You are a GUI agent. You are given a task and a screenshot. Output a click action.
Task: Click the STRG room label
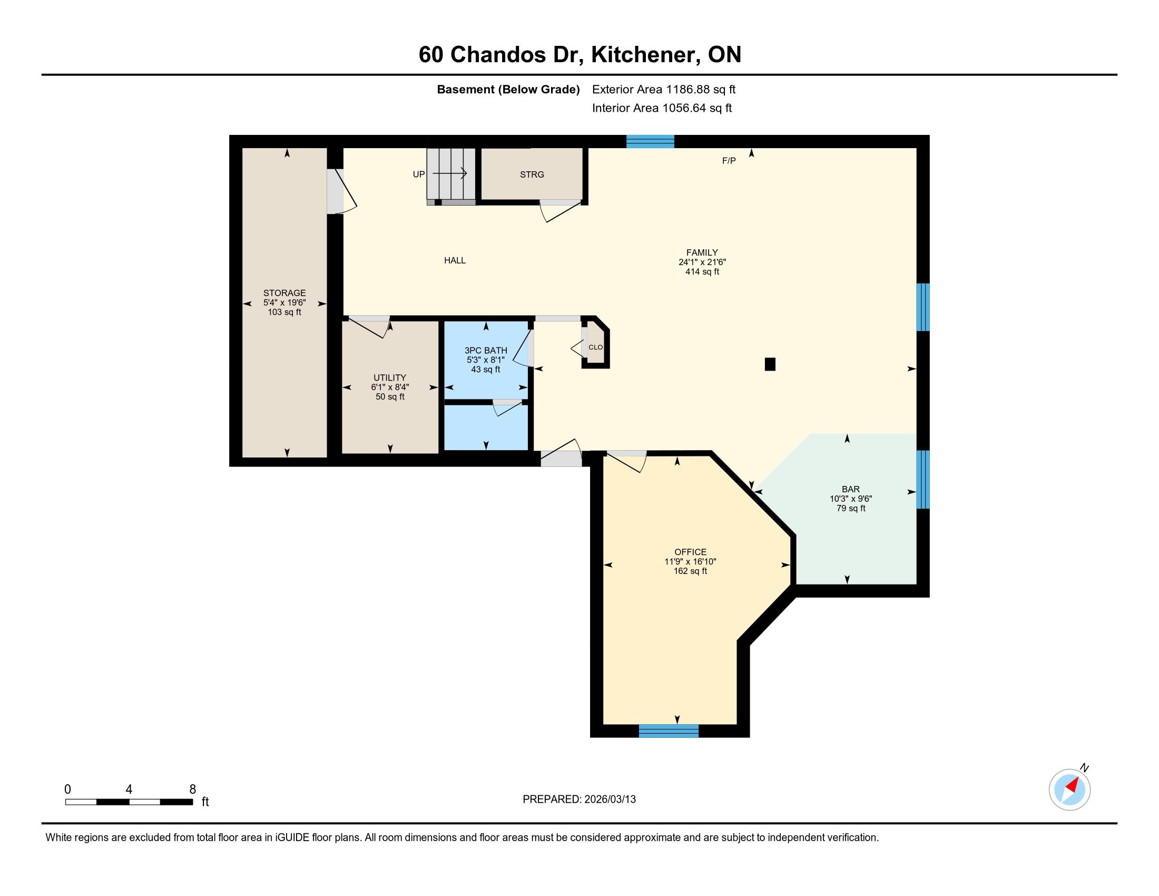[x=532, y=174]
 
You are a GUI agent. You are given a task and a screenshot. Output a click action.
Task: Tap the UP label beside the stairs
[x=419, y=174]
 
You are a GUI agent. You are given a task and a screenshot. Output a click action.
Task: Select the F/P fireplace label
[x=729, y=161]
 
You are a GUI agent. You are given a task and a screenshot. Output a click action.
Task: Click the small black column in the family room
[x=770, y=364]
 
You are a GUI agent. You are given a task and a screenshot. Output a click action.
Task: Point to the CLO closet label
[x=595, y=347]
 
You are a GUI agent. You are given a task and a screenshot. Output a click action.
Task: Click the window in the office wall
[x=669, y=731]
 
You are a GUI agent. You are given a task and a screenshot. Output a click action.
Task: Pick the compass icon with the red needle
[x=1070, y=789]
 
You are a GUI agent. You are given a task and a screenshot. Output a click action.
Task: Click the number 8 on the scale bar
[x=193, y=790]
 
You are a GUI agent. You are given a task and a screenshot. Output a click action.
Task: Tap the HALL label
[x=455, y=260]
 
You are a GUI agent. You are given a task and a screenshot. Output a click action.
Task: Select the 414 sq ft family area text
[x=702, y=272]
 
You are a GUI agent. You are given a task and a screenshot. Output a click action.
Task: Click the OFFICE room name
[x=691, y=552]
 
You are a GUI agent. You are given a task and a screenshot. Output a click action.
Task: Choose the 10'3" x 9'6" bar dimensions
[x=851, y=499]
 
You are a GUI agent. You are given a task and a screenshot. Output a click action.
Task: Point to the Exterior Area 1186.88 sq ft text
[x=664, y=90]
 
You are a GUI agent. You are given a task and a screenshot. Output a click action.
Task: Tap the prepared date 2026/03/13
[x=610, y=800]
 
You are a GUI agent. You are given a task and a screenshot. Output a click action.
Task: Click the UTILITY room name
[x=389, y=378]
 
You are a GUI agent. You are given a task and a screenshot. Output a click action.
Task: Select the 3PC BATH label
[x=486, y=350]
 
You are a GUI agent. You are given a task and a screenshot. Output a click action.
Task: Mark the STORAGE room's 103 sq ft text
[x=284, y=312]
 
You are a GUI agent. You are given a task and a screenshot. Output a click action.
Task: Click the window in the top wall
[x=650, y=142]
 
